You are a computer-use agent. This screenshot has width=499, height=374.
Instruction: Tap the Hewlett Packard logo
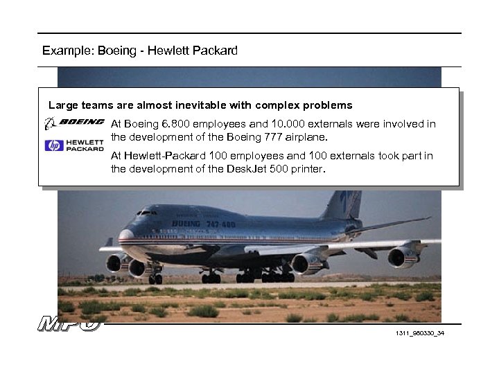tap(74, 145)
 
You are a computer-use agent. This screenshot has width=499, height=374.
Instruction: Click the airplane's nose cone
tap(125, 236)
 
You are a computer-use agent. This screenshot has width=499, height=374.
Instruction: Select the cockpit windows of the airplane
tap(148, 213)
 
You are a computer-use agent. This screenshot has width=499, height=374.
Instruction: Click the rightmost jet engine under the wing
tap(403, 258)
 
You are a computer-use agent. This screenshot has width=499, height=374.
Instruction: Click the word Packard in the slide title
tap(214, 51)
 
